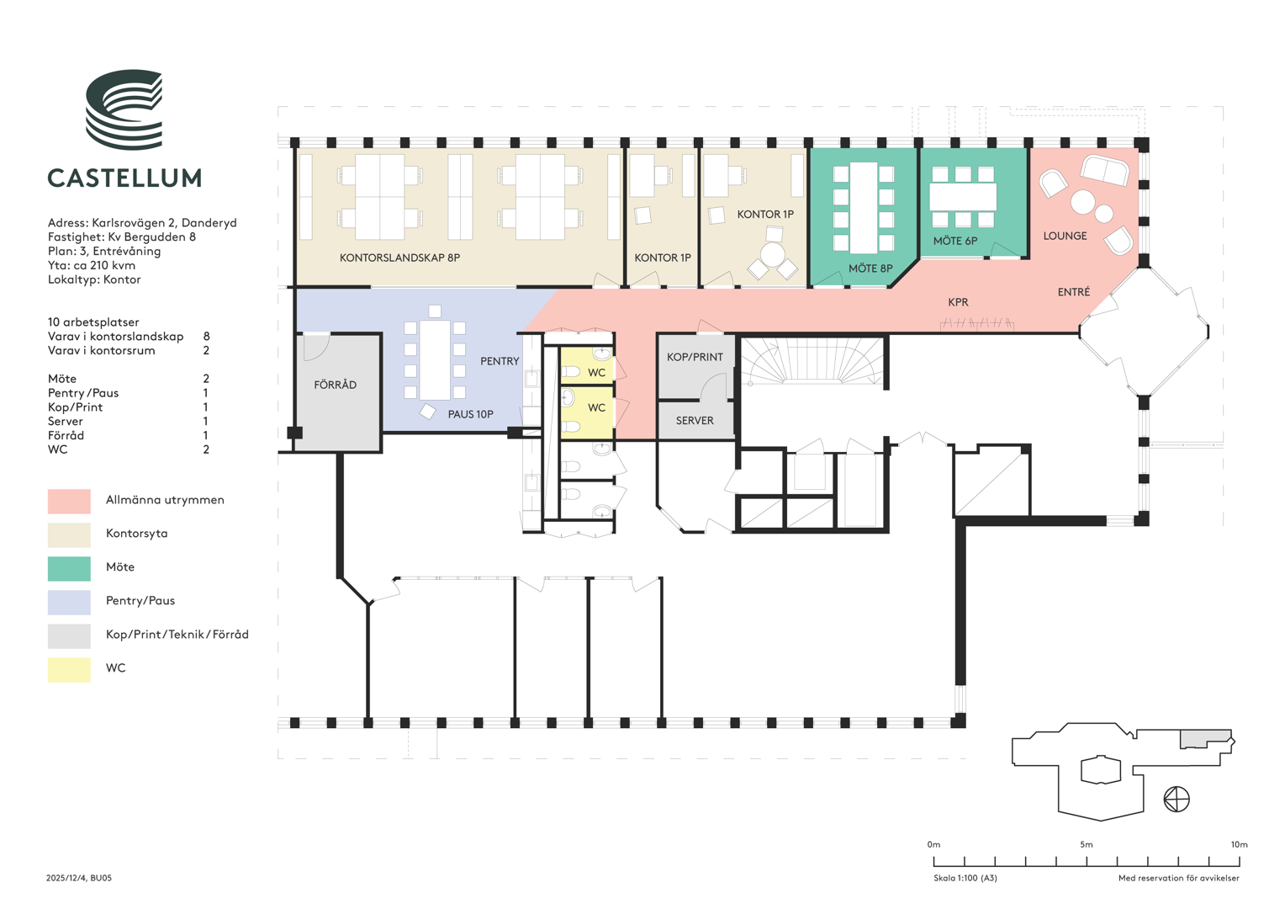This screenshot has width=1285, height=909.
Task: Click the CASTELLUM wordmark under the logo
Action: coord(124,178)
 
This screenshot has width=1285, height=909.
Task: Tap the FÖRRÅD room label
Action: coord(335,384)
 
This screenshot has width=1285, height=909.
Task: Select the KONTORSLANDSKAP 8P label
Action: coord(399,258)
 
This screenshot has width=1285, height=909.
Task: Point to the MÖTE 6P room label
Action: coord(955,241)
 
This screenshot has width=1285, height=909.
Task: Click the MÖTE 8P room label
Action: coord(870,268)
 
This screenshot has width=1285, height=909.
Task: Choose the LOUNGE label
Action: coord(1065,236)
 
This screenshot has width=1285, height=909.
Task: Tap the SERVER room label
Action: coord(695,420)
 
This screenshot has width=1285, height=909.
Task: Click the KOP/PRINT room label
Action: coord(695,357)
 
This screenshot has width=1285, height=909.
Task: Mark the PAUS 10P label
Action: coord(470,414)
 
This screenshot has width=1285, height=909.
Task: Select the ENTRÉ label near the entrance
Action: coord(1073,292)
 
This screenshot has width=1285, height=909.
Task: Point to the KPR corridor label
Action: coord(958,302)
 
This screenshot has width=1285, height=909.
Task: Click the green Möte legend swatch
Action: coord(69,568)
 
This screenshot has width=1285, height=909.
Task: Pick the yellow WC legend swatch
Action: coord(69,670)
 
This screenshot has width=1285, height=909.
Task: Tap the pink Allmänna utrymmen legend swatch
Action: coord(69,502)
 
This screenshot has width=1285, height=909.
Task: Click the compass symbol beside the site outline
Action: coord(1176,799)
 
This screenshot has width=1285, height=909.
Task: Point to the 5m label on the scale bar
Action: coord(1087,844)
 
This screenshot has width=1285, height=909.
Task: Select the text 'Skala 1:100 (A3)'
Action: coord(965,878)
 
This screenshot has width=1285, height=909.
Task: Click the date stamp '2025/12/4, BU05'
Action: coord(79,878)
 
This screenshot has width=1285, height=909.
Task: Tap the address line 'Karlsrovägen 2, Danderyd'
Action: coord(164,223)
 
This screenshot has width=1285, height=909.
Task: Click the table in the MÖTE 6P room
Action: coord(963,196)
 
